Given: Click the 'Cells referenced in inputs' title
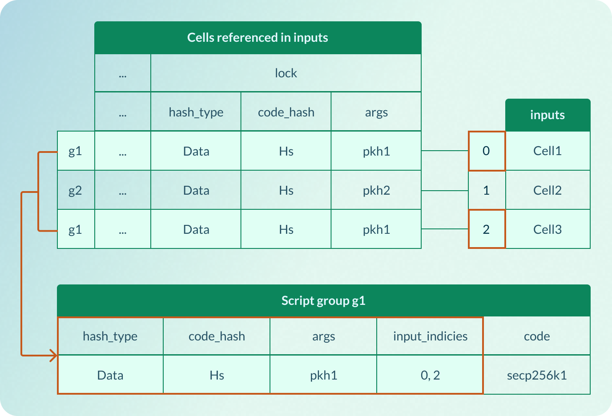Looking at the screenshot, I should point(258,38).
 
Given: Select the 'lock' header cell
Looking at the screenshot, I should point(286,73).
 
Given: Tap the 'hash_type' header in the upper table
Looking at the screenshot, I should point(196,112).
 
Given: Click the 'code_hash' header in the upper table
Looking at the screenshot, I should point(286,112).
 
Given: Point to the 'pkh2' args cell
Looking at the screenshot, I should point(376,190).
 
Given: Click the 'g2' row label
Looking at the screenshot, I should point(75,190).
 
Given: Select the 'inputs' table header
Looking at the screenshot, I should point(547,115).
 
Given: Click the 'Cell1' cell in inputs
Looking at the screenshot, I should point(547,151).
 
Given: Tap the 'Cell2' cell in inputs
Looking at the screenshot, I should point(547,190).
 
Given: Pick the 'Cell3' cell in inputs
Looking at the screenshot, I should point(547,229).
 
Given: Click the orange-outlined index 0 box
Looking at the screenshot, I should point(486,151).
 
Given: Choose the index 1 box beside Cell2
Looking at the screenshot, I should point(486,190).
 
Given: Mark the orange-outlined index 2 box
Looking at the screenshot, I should point(486,229).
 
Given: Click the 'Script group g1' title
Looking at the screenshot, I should point(323,301).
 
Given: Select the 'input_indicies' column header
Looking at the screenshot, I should point(430,336).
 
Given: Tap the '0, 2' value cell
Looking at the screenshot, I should point(430,375).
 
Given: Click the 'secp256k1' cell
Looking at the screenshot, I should point(537,375).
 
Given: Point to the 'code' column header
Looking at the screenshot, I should point(537,336).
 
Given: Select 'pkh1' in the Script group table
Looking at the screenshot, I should point(323,375).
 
